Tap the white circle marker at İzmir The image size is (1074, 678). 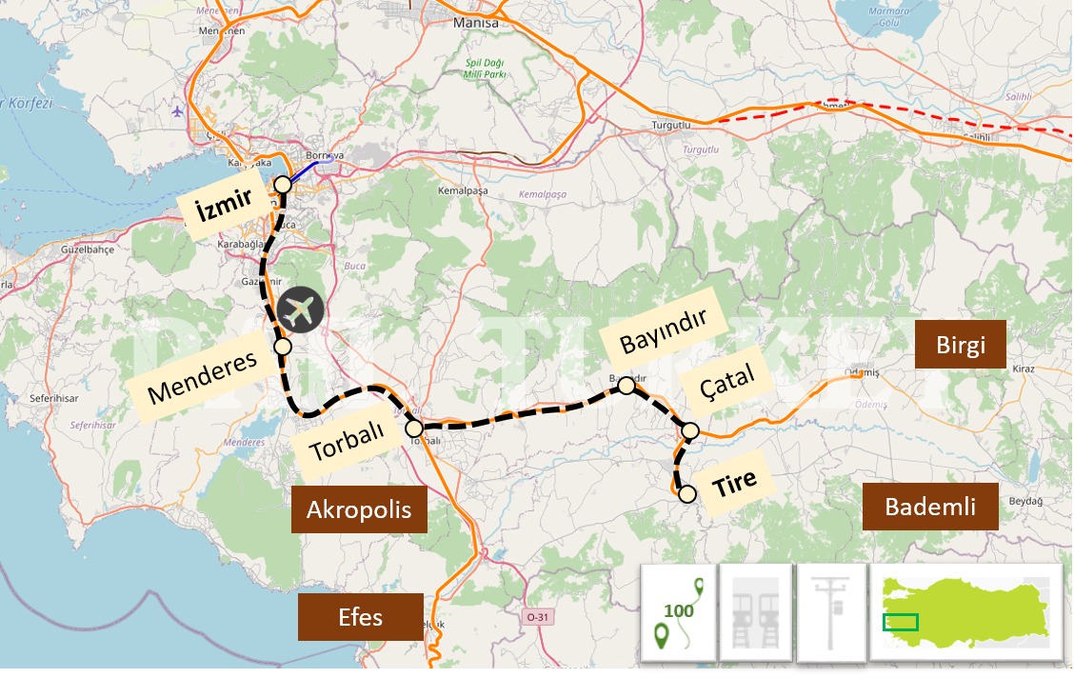pyautogui.click(x=282, y=185)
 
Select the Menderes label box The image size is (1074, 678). pyautogui.click(x=203, y=377)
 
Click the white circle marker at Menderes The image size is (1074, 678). pyautogui.click(x=283, y=347)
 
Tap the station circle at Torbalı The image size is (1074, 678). pyautogui.click(x=414, y=428)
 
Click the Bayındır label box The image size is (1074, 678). pyautogui.click(x=664, y=330)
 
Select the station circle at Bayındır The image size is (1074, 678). pyautogui.click(x=626, y=386)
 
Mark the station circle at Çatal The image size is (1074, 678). pyautogui.click(x=690, y=431)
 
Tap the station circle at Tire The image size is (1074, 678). pyautogui.click(x=686, y=493)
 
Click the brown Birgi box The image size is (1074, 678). pyautogui.click(x=960, y=345)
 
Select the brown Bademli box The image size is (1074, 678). pyautogui.click(x=930, y=507)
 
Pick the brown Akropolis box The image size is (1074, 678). pyautogui.click(x=359, y=509)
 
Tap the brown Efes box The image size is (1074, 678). pyautogui.click(x=360, y=617)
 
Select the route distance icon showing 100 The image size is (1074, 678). pyautogui.click(x=678, y=612)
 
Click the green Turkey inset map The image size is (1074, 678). pyautogui.click(x=965, y=612)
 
